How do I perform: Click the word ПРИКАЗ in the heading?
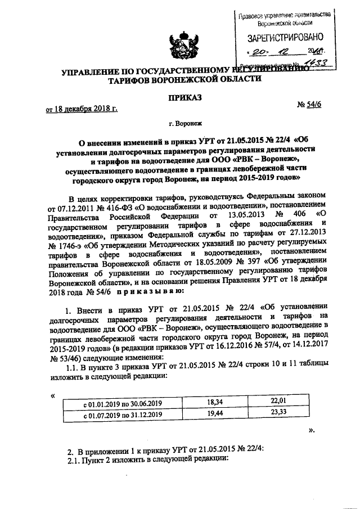[x=179, y=97]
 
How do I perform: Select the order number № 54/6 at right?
[x=309, y=106]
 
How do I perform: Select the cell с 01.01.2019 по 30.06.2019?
[x=123, y=404]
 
